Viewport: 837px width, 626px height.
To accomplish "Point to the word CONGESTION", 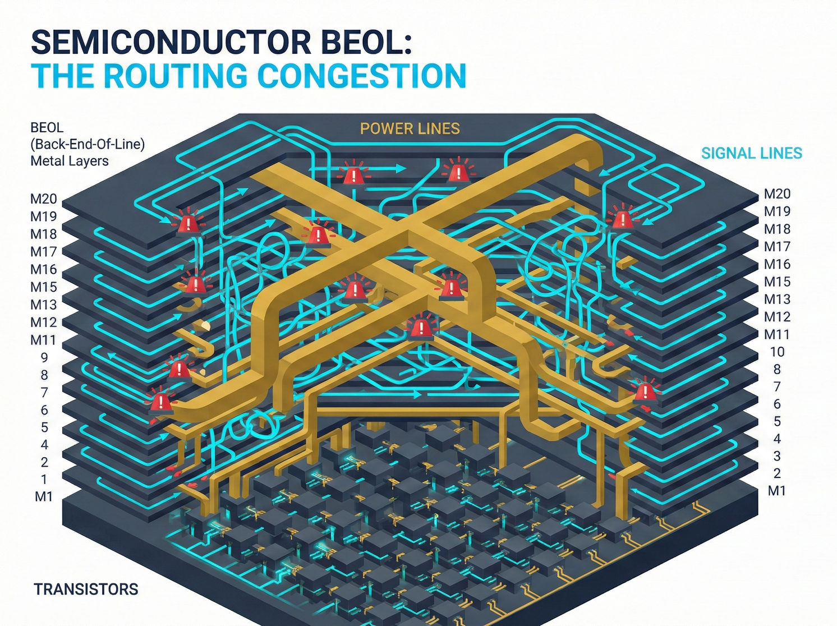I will [x=361, y=76].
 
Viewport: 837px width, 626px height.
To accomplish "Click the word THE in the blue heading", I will [x=62, y=76].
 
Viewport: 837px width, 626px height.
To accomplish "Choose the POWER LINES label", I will [x=410, y=129].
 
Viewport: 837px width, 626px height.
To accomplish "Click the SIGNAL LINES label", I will [x=751, y=153].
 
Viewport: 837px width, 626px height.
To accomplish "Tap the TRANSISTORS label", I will [x=86, y=589].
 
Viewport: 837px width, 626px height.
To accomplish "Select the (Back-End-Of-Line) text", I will [x=88, y=144].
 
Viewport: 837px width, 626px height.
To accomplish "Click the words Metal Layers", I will [x=69, y=161].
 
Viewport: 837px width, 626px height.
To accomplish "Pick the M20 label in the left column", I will [x=44, y=199].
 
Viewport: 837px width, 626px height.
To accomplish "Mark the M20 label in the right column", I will [x=777, y=194].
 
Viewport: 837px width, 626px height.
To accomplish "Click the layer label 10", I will [x=777, y=352].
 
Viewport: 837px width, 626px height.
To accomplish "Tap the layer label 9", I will [x=44, y=357].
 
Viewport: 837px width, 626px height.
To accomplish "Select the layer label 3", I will [x=777, y=456].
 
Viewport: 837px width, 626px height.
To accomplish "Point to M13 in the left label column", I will [x=44, y=305].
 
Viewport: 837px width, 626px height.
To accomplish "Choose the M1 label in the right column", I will [x=777, y=491].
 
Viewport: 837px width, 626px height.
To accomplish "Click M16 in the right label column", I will [x=777, y=264].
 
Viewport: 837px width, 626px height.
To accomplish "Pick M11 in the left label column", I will [x=44, y=340].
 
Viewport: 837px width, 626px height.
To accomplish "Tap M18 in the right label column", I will [x=777, y=229].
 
